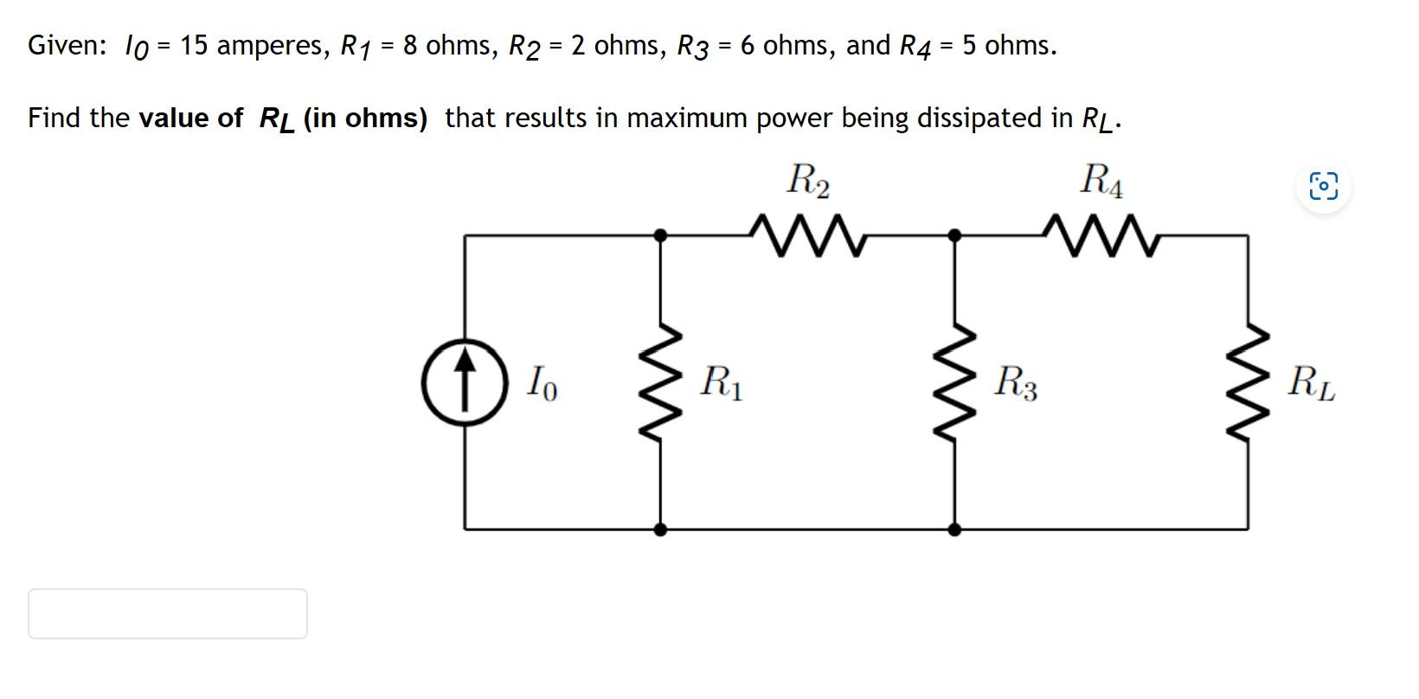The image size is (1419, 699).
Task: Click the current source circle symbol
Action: click(x=465, y=382)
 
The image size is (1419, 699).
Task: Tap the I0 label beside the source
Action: click(x=542, y=382)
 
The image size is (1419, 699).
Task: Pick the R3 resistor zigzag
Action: click(x=954, y=382)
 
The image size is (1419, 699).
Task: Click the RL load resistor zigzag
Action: click(x=1247, y=382)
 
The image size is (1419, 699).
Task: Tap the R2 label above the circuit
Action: click(x=808, y=181)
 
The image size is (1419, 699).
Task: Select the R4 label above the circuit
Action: click(x=1101, y=181)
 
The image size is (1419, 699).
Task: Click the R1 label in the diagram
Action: click(x=721, y=382)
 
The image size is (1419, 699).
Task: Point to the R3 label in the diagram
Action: click(x=1015, y=382)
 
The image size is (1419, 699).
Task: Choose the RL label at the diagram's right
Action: click(x=1310, y=382)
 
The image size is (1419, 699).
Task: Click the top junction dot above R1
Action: click(x=660, y=234)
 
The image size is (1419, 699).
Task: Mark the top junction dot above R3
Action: click(x=954, y=234)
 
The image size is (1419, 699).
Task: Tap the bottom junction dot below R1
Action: click(x=660, y=529)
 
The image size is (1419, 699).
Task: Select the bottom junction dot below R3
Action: click(x=954, y=529)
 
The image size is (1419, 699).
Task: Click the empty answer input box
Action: click(x=167, y=613)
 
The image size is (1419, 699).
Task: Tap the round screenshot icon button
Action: click(x=1323, y=186)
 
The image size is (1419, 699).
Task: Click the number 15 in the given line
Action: click(x=194, y=45)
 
